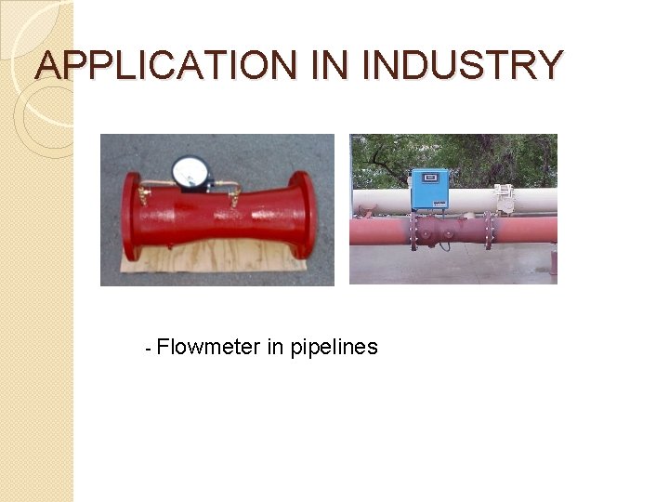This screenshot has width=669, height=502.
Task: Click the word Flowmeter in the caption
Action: (x=209, y=348)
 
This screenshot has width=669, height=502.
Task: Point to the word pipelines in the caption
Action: (x=334, y=348)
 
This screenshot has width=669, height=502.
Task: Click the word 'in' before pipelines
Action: (x=275, y=348)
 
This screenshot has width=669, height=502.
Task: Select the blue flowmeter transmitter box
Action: (x=429, y=189)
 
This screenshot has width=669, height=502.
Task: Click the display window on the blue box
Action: (x=429, y=178)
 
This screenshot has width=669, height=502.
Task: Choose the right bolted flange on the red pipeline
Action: (x=488, y=231)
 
